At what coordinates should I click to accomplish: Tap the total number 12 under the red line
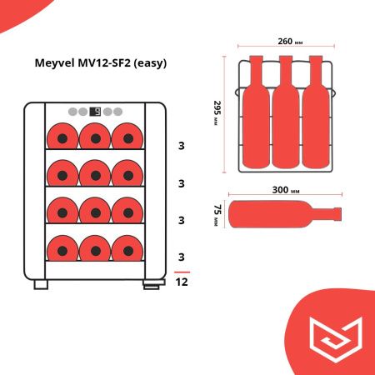[x=182, y=282]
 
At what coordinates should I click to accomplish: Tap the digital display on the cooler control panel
[x=94, y=112]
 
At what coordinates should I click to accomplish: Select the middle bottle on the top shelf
[x=94, y=136]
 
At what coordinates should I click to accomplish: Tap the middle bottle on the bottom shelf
[x=94, y=247]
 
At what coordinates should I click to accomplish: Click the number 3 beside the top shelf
[x=181, y=146]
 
